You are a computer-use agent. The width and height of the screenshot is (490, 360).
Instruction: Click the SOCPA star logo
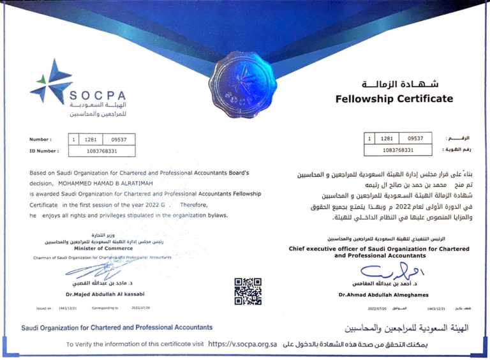coord(51,80)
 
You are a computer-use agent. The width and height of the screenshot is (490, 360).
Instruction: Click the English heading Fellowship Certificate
coord(394,99)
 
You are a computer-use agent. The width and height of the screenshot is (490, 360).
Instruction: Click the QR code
coord(248,290)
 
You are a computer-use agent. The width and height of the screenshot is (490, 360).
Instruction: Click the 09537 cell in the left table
coord(119,139)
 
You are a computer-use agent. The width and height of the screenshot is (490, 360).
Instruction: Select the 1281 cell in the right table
coord(387,138)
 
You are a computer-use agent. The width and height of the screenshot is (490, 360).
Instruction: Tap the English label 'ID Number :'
coord(44,151)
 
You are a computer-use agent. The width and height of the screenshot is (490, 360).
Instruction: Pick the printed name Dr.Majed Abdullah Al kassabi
coord(105,294)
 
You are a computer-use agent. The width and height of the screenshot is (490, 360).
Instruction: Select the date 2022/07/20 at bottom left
coord(140,308)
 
